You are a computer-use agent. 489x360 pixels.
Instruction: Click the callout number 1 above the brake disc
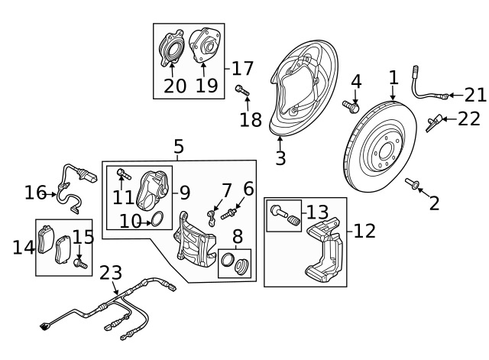[x=393, y=77]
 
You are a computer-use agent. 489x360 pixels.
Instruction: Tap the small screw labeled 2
[x=416, y=183]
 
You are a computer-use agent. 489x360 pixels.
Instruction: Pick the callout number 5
[x=178, y=146]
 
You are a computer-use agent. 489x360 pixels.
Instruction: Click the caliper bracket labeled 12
[x=324, y=248]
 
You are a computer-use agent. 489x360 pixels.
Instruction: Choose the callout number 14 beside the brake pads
[x=24, y=246]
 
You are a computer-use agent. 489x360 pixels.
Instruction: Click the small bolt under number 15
[x=79, y=264]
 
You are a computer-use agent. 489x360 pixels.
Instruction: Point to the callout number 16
[x=35, y=193]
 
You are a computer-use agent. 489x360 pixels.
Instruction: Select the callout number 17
[x=242, y=68]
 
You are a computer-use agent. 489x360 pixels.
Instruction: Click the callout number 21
[x=475, y=95]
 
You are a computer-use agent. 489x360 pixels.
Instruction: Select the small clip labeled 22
[x=436, y=120]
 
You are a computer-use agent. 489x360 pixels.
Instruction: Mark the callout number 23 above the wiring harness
[x=111, y=273]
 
